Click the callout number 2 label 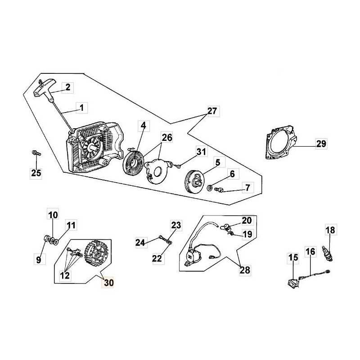pyautogui.click(x=68, y=88)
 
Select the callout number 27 pyautogui.click(x=212, y=111)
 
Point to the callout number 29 pyautogui.click(x=321, y=144)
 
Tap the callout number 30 pyautogui.click(x=108, y=283)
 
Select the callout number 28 pyautogui.click(x=245, y=270)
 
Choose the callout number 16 pyautogui.click(x=310, y=252)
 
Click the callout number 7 pyautogui.click(x=247, y=187)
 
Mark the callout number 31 pyautogui.click(x=201, y=153)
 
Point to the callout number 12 pyautogui.click(x=65, y=275)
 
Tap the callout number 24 pyautogui.click(x=141, y=243)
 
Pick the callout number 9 pyautogui.click(x=38, y=260)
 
